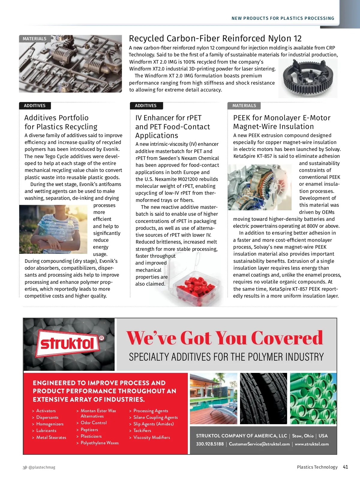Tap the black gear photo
(308, 78)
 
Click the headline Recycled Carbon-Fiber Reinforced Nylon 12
(215, 38)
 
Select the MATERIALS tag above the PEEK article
(244, 106)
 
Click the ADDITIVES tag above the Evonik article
(35, 106)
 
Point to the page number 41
(345, 467)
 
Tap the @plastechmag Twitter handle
(42, 467)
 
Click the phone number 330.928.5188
(210, 444)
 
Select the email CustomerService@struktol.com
(259, 444)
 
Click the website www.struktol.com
(312, 444)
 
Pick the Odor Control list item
(94, 423)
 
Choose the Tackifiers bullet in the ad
(142, 430)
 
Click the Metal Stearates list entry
(51, 437)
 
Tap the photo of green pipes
(313, 398)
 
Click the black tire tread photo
(263, 398)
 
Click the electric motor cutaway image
(259, 187)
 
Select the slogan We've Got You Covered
(225, 338)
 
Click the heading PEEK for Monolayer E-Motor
(282, 118)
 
